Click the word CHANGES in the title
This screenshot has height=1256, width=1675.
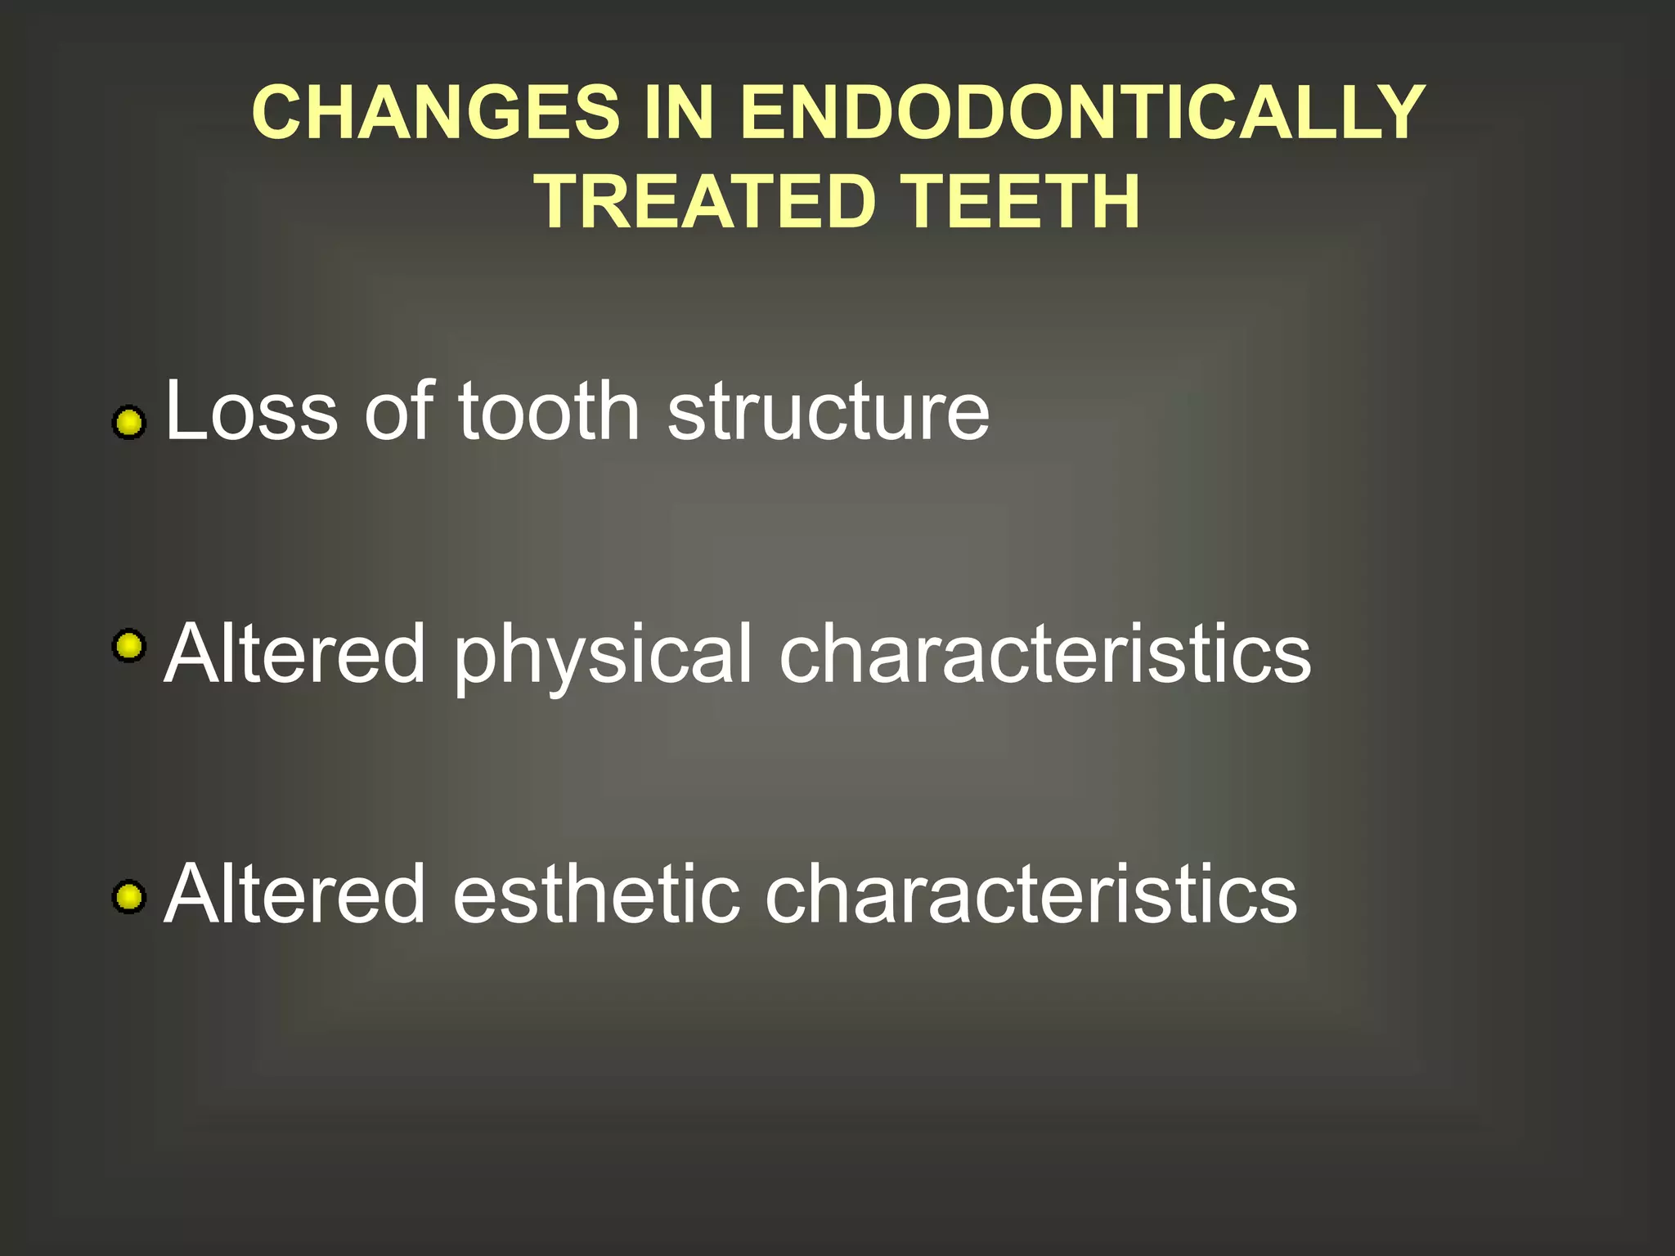pos(436,113)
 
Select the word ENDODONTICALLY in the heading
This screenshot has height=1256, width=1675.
pos(1082,113)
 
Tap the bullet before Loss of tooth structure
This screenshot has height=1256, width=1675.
pos(128,423)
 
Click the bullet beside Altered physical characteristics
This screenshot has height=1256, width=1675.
pos(128,646)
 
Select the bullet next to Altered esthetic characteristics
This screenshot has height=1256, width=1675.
pos(128,896)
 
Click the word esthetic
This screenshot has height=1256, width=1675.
pos(595,895)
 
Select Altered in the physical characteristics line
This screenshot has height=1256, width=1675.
pos(294,653)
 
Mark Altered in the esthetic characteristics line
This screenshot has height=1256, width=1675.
pos(294,895)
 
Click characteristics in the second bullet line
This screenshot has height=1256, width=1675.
pos(1044,653)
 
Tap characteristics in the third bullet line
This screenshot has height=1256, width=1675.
pos(1031,895)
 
